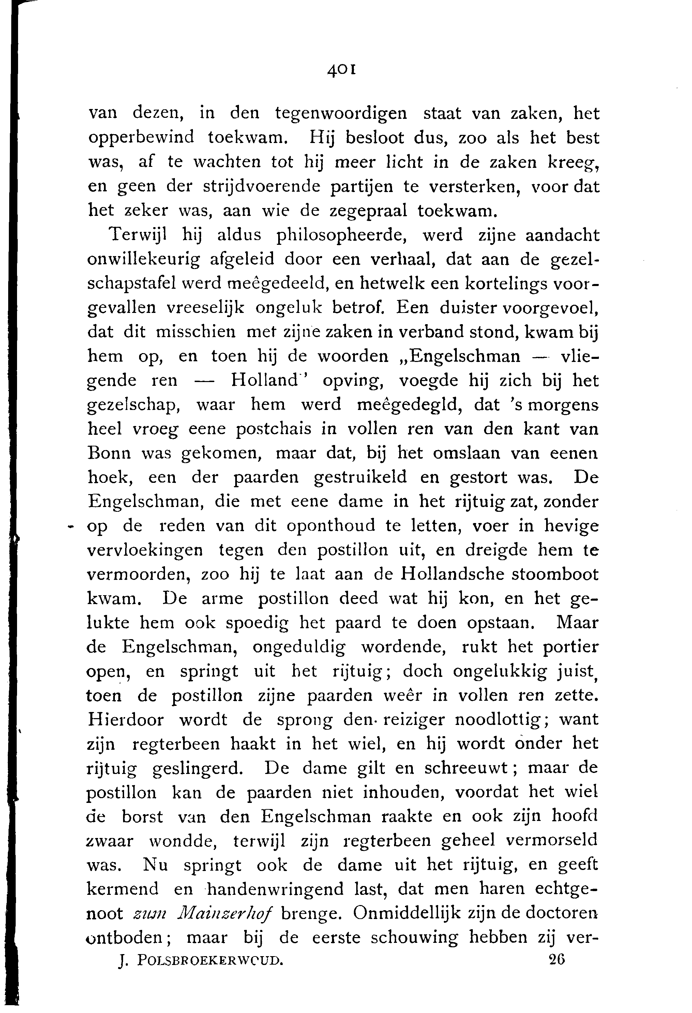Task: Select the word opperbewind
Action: coord(141,138)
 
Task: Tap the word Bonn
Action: coord(109,453)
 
